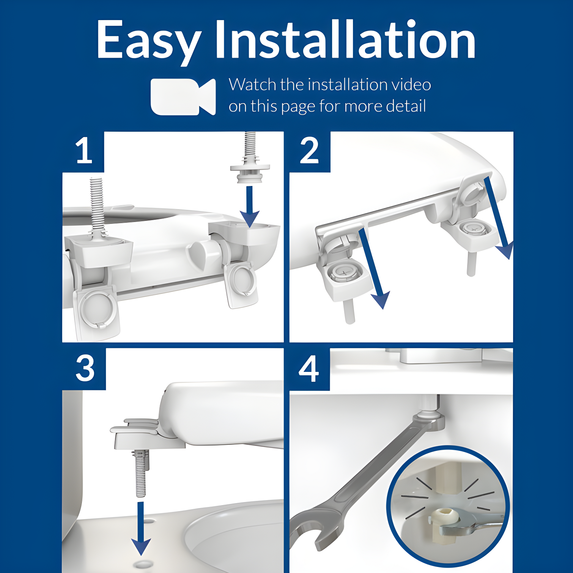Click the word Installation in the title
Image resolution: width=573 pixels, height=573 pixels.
(x=345, y=39)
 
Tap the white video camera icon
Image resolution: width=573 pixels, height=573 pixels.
(x=183, y=97)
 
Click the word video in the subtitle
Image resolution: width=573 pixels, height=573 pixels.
(x=411, y=84)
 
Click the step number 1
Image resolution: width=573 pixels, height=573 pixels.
(x=83, y=151)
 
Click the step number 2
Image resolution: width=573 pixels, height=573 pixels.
(x=309, y=151)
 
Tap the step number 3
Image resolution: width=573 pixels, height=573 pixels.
(x=85, y=368)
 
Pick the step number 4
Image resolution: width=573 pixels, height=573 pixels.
(x=309, y=368)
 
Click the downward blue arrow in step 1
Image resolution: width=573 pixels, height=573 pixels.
(x=249, y=207)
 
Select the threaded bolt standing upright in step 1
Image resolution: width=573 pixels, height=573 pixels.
(x=97, y=207)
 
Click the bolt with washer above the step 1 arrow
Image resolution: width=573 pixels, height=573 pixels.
(x=249, y=157)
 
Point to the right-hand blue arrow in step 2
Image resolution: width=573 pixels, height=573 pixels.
(x=499, y=218)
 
